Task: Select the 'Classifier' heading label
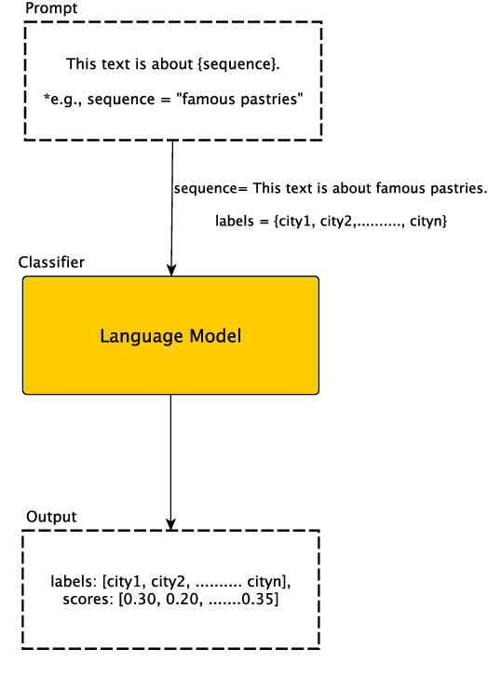pos(51,263)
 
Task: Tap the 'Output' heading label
pos(51,517)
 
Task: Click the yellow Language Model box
pos(170,334)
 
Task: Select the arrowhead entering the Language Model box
pos(171,270)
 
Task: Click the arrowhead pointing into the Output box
pos(171,524)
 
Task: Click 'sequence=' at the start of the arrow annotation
pos(207,189)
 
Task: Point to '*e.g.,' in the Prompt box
pos(60,98)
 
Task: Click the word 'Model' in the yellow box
pos(213,335)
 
